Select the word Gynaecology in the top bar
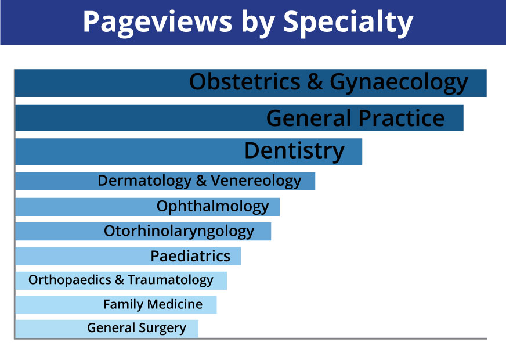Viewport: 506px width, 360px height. coord(399,83)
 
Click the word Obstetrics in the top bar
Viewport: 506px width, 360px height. coord(245,81)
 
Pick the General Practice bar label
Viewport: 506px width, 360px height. coord(355,118)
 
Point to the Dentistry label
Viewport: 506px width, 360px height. coord(294,152)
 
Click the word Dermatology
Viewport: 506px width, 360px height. coord(144,181)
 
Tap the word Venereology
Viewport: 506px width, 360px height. coord(256,181)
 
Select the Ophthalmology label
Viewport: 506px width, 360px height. coord(212,207)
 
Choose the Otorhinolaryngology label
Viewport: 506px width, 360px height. coord(179,232)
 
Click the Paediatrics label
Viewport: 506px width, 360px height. coord(190,256)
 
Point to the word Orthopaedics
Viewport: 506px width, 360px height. coord(70,280)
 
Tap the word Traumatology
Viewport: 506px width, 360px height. coord(171,280)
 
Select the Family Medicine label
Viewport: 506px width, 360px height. coord(153,304)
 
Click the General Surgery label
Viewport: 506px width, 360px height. coord(136,328)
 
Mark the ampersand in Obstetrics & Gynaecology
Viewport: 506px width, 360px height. coord(315,82)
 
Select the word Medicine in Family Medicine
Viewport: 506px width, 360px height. coord(175,304)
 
